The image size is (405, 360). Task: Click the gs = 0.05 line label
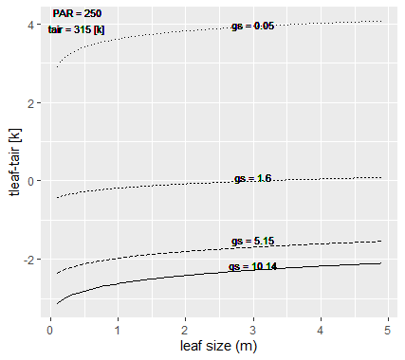253,26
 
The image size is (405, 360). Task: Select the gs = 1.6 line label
253,179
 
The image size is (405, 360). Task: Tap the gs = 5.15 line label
253,241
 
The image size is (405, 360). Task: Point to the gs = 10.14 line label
253,267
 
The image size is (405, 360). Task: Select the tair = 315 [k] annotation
77,29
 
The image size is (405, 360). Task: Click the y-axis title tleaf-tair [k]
13,160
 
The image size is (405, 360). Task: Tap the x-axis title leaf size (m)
219,347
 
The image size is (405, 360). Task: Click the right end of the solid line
381,263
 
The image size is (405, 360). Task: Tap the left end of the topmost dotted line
57,67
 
